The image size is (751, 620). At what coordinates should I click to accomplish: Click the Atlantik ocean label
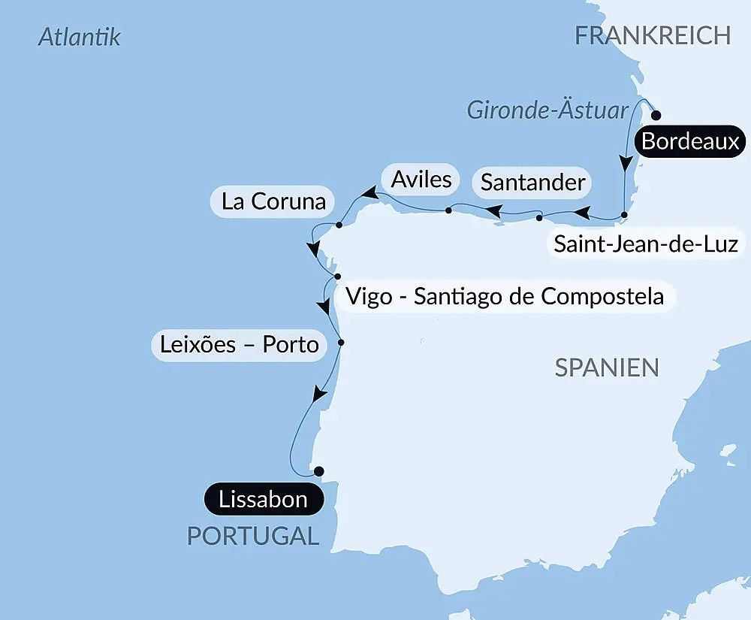[79, 37]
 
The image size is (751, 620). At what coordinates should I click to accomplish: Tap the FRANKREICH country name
[653, 35]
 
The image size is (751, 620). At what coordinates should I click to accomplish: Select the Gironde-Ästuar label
[547, 110]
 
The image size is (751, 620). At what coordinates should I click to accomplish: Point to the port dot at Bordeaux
[656, 116]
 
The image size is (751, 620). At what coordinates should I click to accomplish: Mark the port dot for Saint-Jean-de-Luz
[624, 216]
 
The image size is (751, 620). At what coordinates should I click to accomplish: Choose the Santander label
[532, 182]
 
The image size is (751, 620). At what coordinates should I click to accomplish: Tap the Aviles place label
[421, 179]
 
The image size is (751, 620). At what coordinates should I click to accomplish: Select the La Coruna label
[273, 201]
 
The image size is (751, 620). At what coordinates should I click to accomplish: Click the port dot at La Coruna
[339, 225]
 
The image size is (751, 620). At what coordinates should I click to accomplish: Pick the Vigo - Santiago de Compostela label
[504, 296]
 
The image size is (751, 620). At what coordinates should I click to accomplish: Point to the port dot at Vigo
[338, 277]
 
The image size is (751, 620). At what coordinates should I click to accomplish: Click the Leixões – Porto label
[239, 344]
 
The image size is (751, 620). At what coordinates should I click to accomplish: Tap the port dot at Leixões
[341, 343]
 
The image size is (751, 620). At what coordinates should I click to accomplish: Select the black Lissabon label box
[263, 500]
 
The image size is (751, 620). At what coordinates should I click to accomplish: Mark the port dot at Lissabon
[318, 471]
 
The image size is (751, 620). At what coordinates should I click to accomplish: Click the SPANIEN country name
[607, 367]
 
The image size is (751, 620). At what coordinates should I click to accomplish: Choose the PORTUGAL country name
[252, 536]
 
